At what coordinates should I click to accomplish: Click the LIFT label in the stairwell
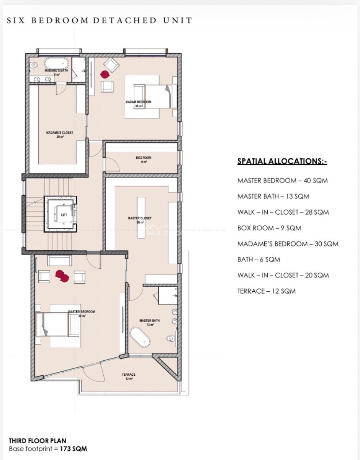64,215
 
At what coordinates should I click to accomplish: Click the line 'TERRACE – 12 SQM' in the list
266,291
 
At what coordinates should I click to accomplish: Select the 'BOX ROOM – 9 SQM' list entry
269,228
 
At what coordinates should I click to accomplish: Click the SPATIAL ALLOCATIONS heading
282,161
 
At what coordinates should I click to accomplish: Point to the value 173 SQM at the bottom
74,449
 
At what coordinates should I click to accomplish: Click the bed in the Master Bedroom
54,324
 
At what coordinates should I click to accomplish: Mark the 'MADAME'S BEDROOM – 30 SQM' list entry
288,244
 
